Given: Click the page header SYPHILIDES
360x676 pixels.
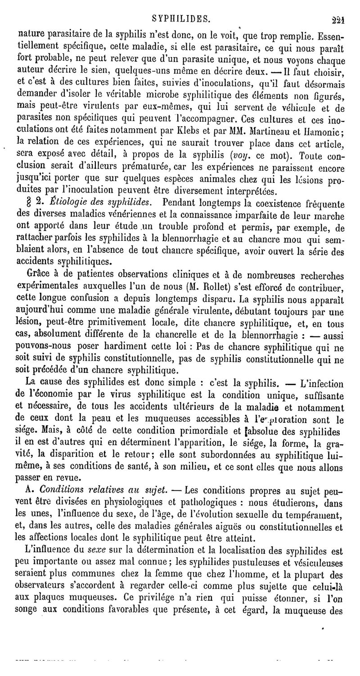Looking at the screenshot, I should click(x=180, y=18).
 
